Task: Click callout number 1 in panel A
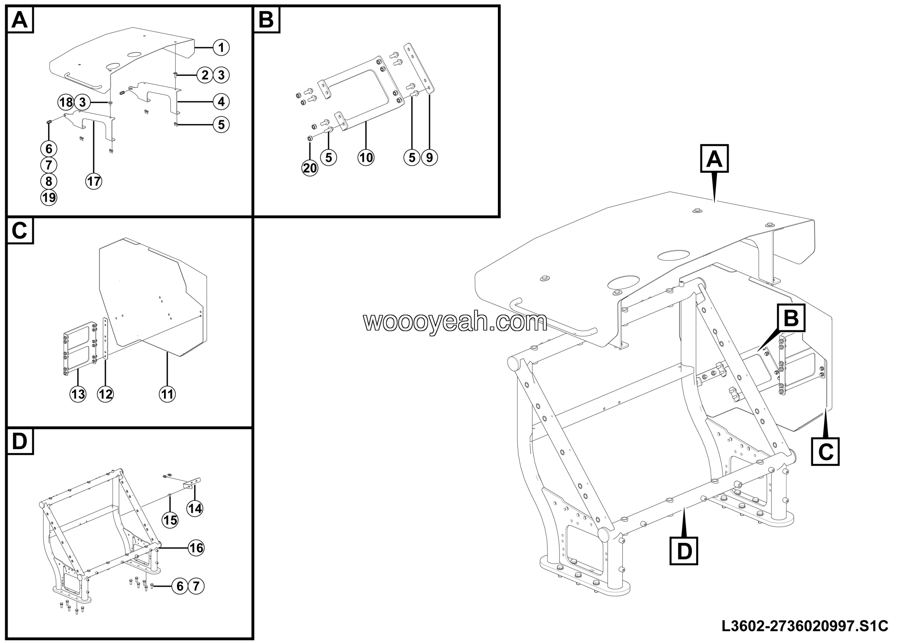tap(221, 48)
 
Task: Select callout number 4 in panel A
tap(221, 102)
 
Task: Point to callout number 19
tap(49, 197)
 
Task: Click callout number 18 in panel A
tap(66, 102)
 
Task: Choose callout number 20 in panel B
tap(310, 168)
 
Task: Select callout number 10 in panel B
tap(366, 158)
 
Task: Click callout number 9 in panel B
tap(429, 158)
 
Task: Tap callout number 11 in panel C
tap(167, 394)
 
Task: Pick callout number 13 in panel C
tap(78, 394)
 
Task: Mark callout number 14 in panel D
tap(195, 508)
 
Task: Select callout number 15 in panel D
tap(170, 520)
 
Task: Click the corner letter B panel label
tap(266, 19)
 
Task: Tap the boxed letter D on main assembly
tap(684, 551)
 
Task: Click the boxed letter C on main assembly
tap(825, 451)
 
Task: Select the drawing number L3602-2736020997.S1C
tap(804, 626)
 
